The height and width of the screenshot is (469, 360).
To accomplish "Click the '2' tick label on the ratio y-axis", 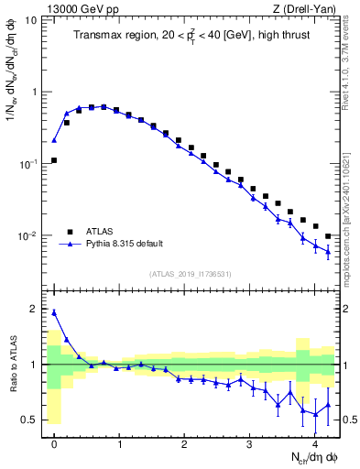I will pos(35,309).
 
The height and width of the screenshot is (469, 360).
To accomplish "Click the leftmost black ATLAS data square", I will pos(54,160).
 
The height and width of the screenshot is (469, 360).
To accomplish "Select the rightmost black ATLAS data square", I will pos(328,236).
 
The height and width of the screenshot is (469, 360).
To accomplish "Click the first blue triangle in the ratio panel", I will pos(54,312).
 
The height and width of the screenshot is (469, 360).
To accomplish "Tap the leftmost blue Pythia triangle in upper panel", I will pos(54,141).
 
